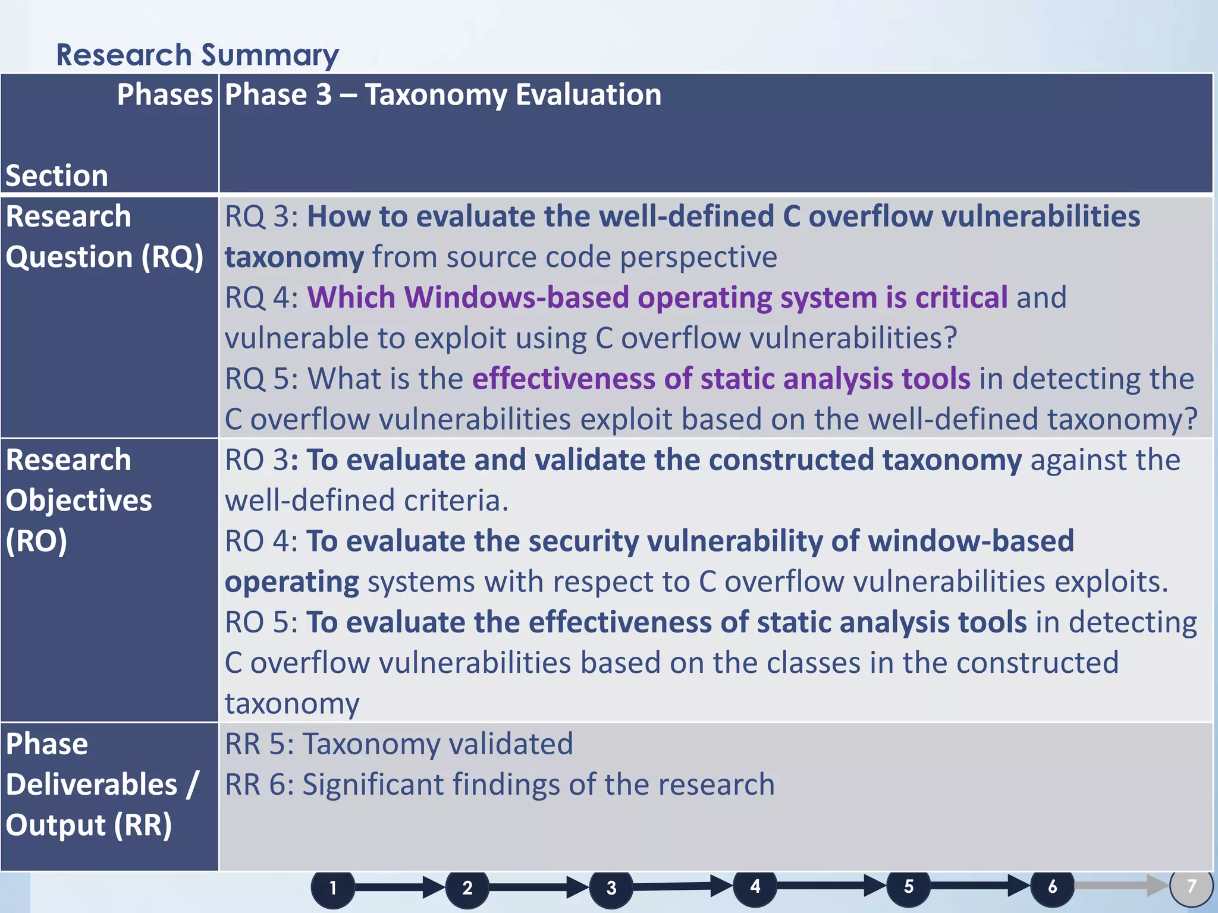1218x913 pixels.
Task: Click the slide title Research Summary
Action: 197,55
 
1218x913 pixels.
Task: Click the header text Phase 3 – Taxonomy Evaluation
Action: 442,95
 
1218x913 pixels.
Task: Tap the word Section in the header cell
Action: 57,176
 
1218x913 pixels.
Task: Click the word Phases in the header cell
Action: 164,95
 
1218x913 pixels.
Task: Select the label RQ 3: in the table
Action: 262,216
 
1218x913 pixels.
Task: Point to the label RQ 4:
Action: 262,297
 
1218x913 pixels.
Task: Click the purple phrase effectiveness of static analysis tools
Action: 721,379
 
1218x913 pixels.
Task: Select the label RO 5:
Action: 262,622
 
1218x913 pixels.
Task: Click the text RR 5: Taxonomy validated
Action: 398,744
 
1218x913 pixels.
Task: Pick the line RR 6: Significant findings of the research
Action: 500,785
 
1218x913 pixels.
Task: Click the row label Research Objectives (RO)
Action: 79,500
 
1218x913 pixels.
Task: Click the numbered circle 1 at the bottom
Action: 333,888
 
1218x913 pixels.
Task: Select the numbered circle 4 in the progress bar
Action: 755,886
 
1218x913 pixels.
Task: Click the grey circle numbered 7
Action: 1191,886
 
